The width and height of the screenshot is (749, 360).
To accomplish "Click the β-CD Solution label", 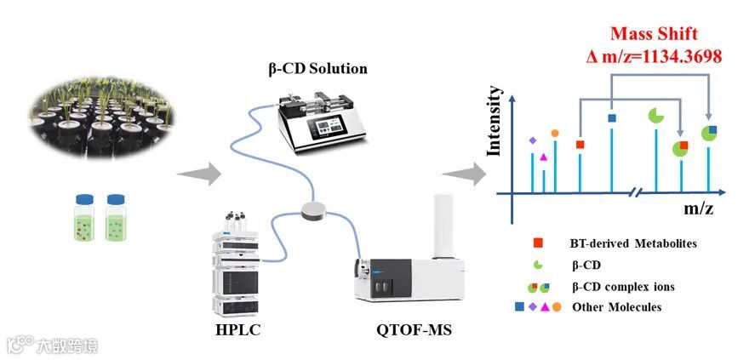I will [x=314, y=67].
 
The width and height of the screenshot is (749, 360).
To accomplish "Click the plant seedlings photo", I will [x=102, y=111].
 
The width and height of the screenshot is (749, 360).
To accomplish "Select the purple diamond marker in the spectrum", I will [x=533, y=140].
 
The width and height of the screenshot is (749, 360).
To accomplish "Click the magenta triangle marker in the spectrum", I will [x=544, y=157].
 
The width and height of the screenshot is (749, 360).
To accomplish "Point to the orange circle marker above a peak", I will [x=555, y=133].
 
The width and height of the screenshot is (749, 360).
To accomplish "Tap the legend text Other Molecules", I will [x=616, y=306].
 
